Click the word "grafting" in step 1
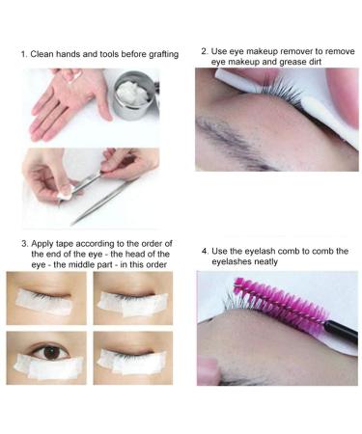click(x=160, y=55)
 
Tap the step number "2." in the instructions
click(x=204, y=48)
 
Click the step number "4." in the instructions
click(x=205, y=251)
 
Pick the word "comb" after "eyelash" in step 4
click(x=309, y=251)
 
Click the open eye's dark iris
click(x=49, y=353)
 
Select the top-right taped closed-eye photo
click(x=132, y=298)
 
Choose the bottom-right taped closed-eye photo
click(x=132, y=358)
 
